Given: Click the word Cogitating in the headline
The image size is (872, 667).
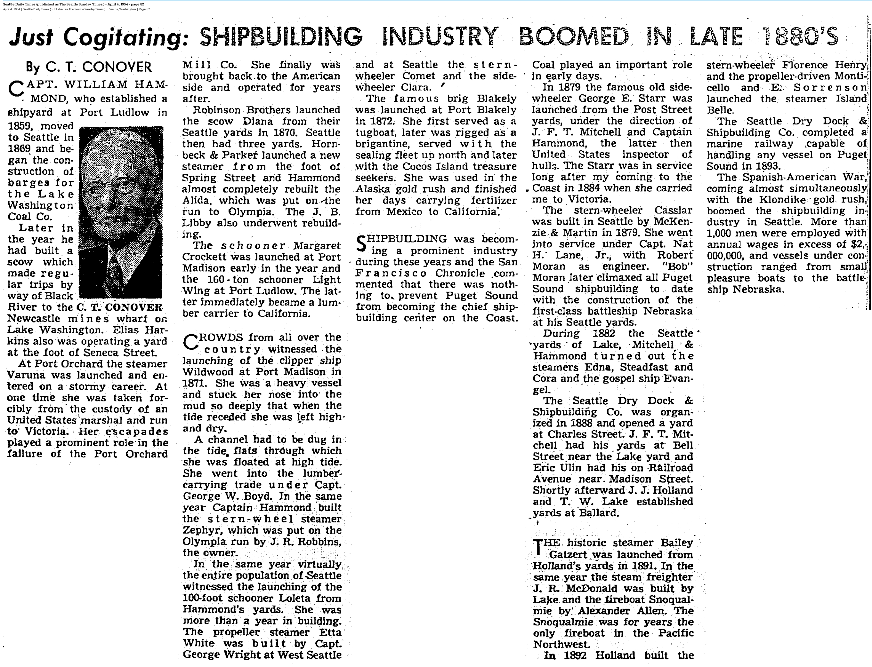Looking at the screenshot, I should click(x=124, y=38).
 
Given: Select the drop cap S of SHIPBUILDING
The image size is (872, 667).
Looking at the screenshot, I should click(x=361, y=243).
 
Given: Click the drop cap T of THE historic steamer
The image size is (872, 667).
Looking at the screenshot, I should click(x=537, y=547).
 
